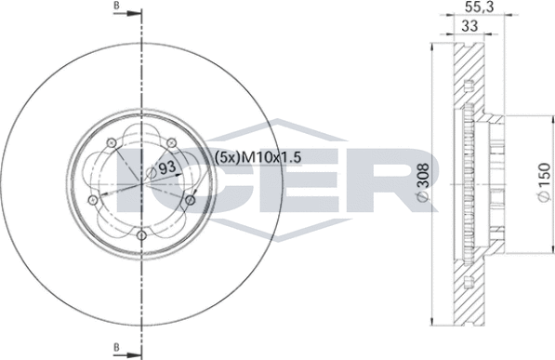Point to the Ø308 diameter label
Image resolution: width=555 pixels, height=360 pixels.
click(423, 182)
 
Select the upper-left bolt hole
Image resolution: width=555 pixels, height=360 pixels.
click(111, 142)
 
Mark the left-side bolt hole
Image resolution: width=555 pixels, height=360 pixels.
click(92, 200)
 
